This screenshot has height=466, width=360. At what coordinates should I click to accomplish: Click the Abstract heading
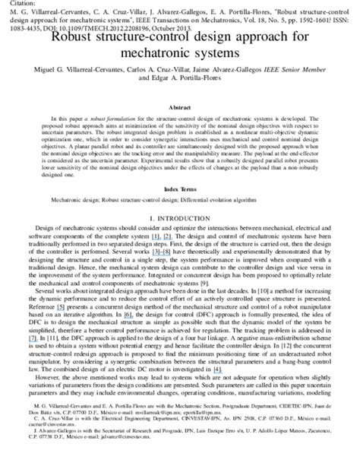pos(179,108)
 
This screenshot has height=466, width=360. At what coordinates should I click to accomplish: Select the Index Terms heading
pos(179,187)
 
